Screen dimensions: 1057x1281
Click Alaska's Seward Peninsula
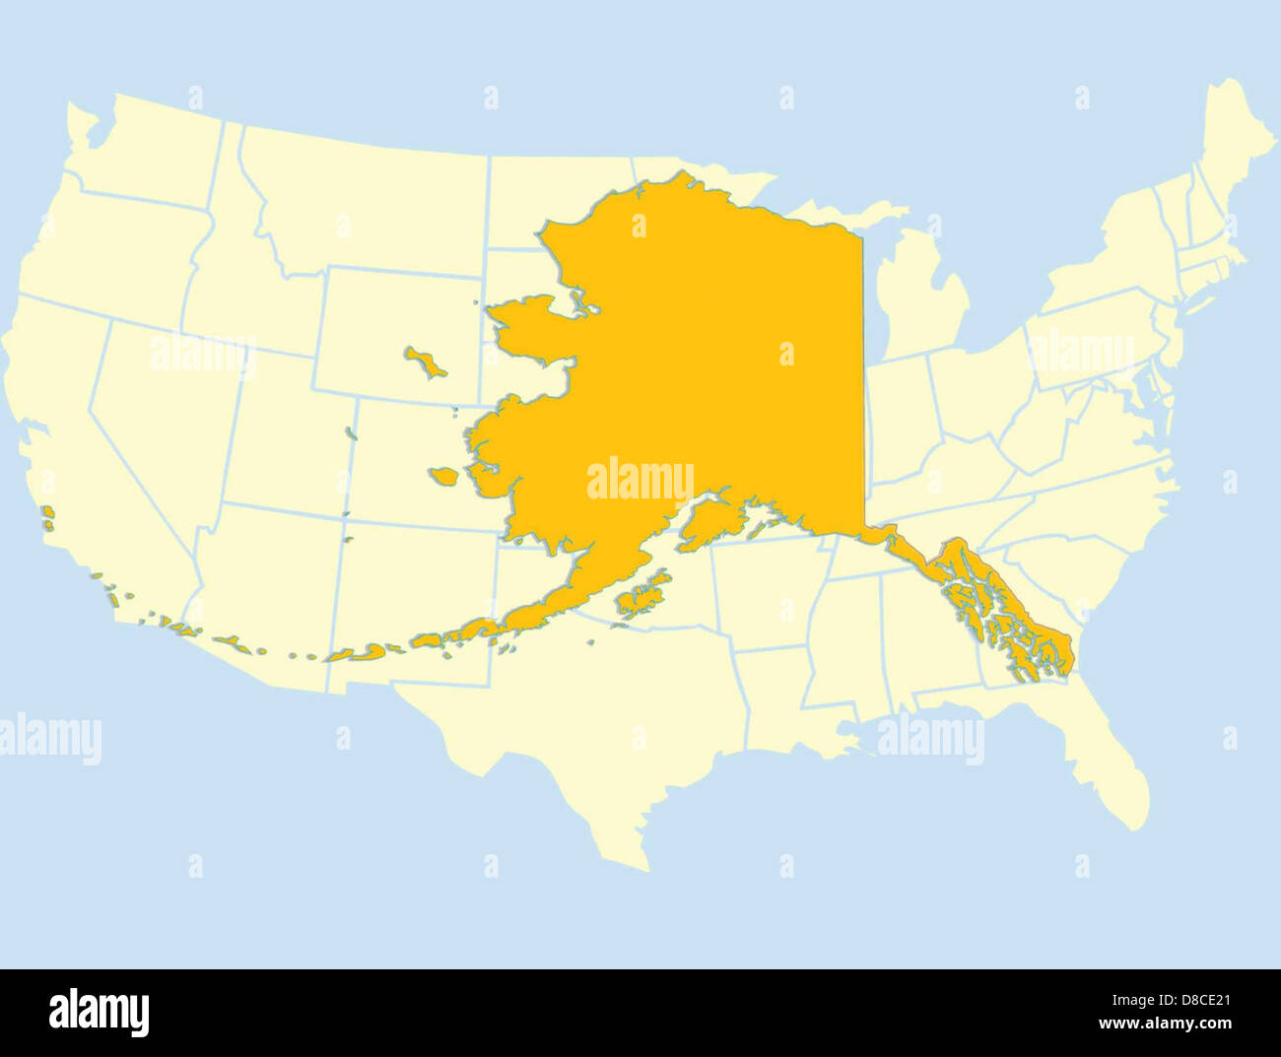coord(532,325)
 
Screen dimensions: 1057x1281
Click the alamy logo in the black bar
coord(99,1013)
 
